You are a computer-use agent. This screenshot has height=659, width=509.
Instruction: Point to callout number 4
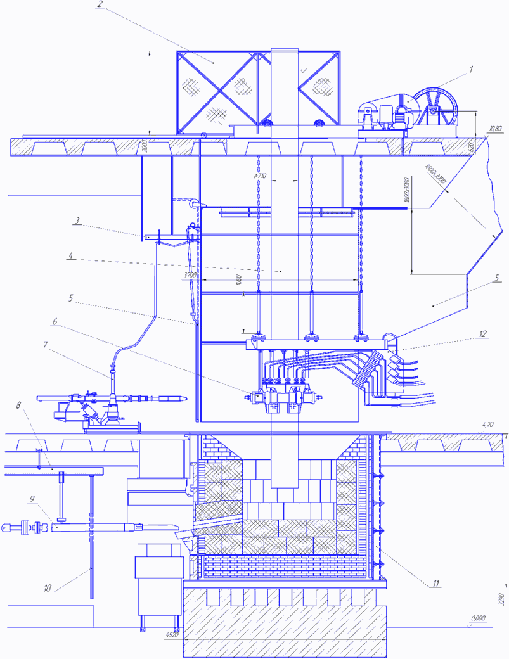pos(72,257)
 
